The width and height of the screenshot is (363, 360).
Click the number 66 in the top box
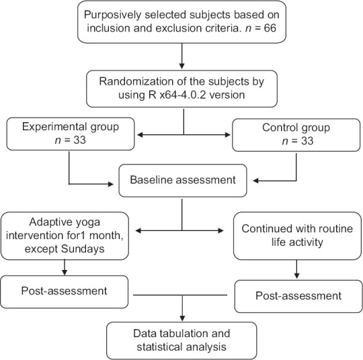[270, 28]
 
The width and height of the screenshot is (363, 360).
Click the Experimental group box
[71, 134]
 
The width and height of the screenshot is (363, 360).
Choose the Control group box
[296, 135]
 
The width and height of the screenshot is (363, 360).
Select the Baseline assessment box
[183, 181]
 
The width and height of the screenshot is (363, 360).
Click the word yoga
[89, 222]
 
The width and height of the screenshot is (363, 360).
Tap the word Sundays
[83, 249]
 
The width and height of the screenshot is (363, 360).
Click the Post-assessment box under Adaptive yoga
[64, 291]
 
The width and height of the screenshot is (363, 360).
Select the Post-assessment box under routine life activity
[298, 296]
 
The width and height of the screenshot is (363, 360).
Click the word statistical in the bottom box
[159, 347]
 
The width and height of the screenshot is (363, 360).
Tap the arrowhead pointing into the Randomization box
[182, 66]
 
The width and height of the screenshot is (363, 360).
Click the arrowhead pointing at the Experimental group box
[140, 134]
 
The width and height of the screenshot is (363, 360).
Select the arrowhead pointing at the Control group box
[228, 134]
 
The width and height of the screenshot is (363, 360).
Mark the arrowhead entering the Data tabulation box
[182, 318]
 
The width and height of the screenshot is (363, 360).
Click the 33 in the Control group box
[307, 141]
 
